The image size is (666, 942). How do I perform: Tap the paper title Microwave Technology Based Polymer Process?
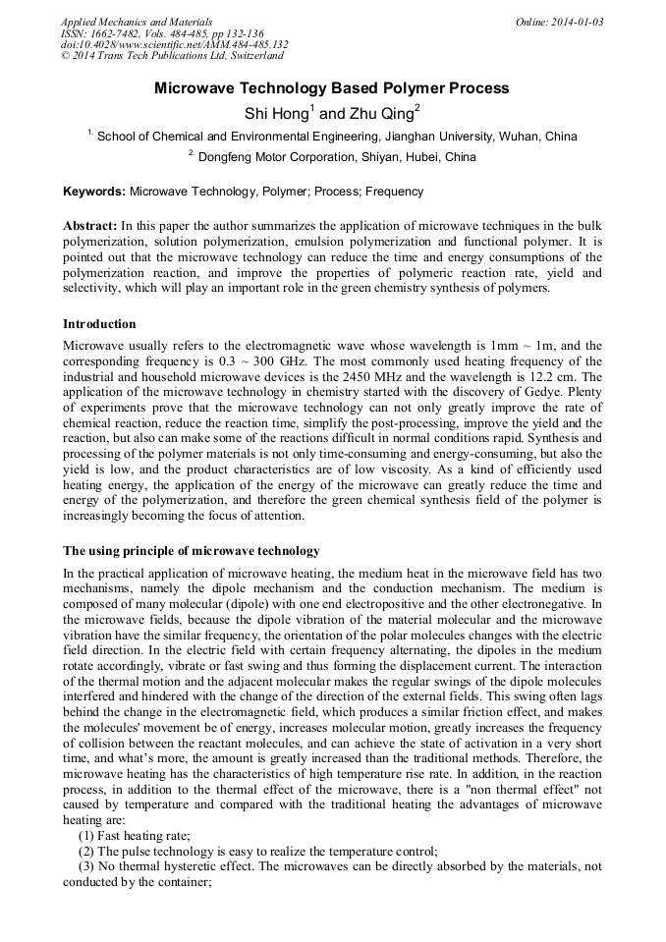tap(332, 88)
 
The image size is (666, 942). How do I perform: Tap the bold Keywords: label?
tap(94, 192)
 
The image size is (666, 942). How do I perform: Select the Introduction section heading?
tap(99, 324)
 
